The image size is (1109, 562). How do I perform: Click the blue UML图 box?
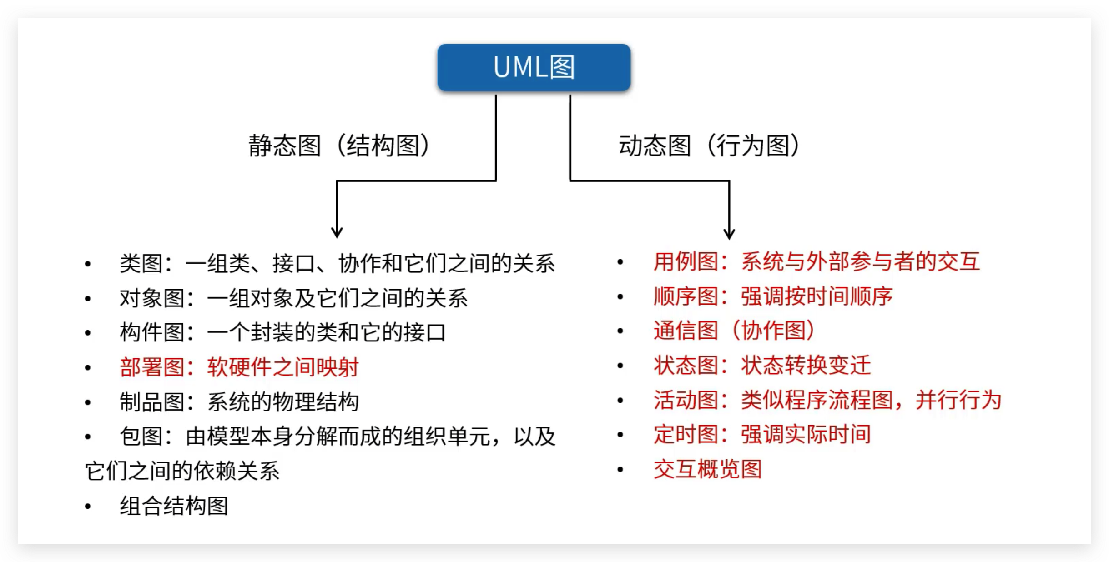[534, 67]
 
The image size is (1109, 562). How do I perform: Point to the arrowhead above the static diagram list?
[337, 232]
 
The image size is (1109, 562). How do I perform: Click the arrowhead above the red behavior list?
[729, 233]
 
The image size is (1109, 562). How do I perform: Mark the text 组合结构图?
[174, 506]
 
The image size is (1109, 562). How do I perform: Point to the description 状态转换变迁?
[806, 366]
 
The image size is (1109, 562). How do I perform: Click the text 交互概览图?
[707, 469]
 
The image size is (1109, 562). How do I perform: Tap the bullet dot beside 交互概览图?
[620, 469]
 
